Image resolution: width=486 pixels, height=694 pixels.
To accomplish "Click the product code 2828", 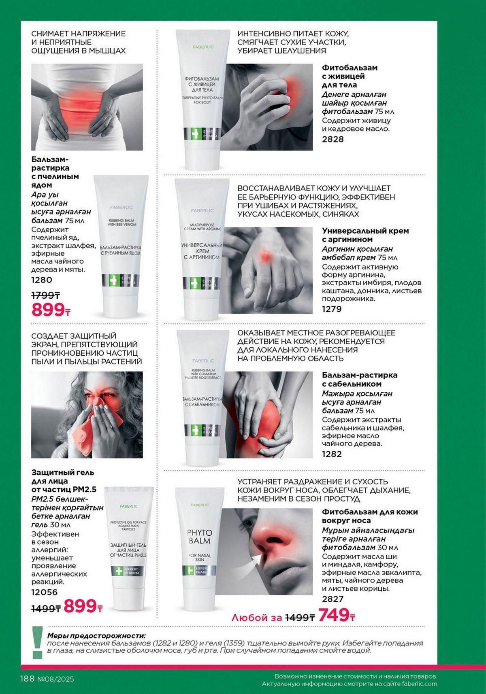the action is coord(333,139).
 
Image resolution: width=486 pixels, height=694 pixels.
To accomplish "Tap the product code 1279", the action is coord(332,309).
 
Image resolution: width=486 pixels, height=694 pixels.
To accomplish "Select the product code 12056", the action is coord(45,592).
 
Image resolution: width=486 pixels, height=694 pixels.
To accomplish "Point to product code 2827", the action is coord(333,599).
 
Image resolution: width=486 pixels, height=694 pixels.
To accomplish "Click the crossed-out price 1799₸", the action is coord(46,295).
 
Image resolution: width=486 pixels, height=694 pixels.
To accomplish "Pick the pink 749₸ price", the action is coord(337,615).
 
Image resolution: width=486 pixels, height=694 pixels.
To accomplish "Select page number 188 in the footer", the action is coord(27,679).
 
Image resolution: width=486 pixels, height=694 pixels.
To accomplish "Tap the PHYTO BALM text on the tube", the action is coord(199,537).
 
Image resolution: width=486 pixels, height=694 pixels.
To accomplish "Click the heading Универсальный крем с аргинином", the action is coord(365,235).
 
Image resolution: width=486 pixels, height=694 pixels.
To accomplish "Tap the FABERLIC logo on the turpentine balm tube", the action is coord(203,47).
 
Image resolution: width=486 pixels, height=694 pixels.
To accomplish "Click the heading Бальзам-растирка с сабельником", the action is coord(360,379).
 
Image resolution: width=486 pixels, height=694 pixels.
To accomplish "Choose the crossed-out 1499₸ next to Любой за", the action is coord(300,618).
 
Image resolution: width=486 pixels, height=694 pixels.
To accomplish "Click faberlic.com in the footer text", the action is coord(420,684).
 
